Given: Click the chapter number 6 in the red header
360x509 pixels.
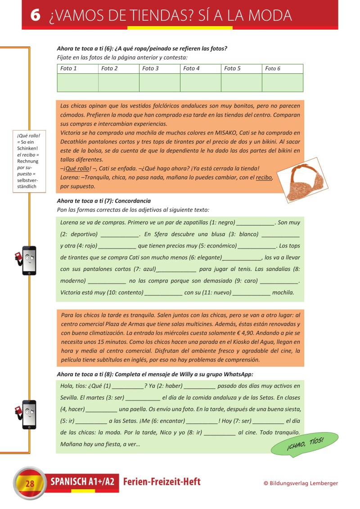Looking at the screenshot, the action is (x=36, y=15).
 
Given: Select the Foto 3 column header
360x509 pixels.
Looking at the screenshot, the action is (x=159, y=68).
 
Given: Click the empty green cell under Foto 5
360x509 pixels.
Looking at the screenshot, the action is (x=242, y=82).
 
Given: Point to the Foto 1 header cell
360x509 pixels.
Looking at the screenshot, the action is (x=77, y=68).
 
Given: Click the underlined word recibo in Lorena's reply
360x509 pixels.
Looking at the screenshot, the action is (x=264, y=177).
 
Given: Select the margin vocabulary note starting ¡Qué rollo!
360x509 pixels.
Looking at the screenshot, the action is (x=29, y=161).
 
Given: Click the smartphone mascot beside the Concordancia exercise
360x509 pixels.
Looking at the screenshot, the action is (x=27, y=261).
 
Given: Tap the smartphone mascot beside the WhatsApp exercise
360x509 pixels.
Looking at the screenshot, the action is (x=27, y=414).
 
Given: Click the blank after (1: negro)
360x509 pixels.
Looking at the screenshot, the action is (x=256, y=224).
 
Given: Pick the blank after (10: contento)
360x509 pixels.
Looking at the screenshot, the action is (x=163, y=294).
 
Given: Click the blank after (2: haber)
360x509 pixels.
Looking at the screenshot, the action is (x=200, y=387).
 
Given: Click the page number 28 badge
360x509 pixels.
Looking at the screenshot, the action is (x=30, y=483).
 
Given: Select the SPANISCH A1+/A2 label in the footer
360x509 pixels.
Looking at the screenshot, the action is (x=82, y=482).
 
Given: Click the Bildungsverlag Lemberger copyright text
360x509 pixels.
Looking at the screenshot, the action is (x=301, y=483).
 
